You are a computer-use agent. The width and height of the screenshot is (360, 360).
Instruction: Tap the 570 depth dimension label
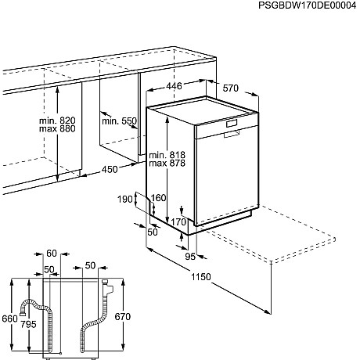point(229,88)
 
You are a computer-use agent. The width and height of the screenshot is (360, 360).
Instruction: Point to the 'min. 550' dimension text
point(119,121)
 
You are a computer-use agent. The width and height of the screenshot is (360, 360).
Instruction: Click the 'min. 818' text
point(167,153)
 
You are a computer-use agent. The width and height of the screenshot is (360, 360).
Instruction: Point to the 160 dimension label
point(159,199)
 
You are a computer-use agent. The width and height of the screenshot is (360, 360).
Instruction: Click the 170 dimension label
point(178,222)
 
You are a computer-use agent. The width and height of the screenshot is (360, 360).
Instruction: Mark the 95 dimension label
point(190,255)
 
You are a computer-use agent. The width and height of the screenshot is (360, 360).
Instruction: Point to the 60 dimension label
point(52,254)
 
